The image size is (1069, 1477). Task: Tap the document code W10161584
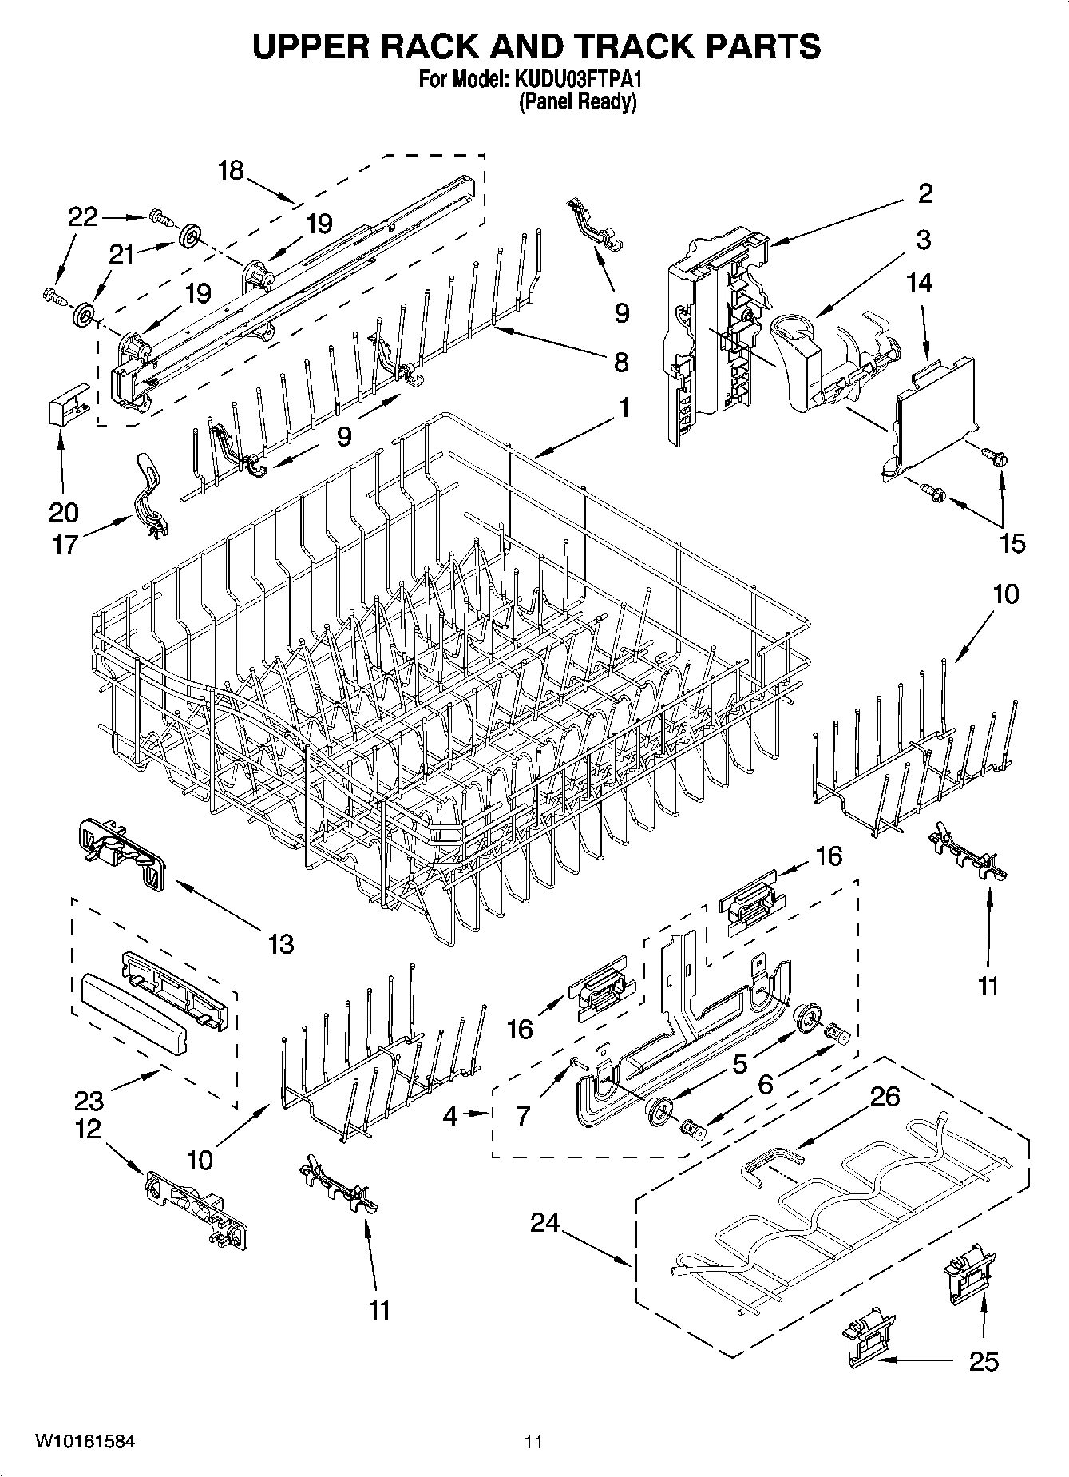84,1442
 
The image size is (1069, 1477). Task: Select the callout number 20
64,511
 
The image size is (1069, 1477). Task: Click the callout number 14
920,283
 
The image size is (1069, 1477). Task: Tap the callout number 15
1012,543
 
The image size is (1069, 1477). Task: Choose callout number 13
281,943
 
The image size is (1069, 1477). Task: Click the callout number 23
89,1101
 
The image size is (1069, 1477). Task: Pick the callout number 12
89,1129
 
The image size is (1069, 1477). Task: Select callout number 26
885,1096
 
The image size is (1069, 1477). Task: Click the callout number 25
984,1360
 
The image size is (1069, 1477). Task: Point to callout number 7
524,1115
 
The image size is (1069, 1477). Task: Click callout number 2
924,193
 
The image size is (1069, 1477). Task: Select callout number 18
231,170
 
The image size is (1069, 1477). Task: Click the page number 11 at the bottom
533,1442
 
